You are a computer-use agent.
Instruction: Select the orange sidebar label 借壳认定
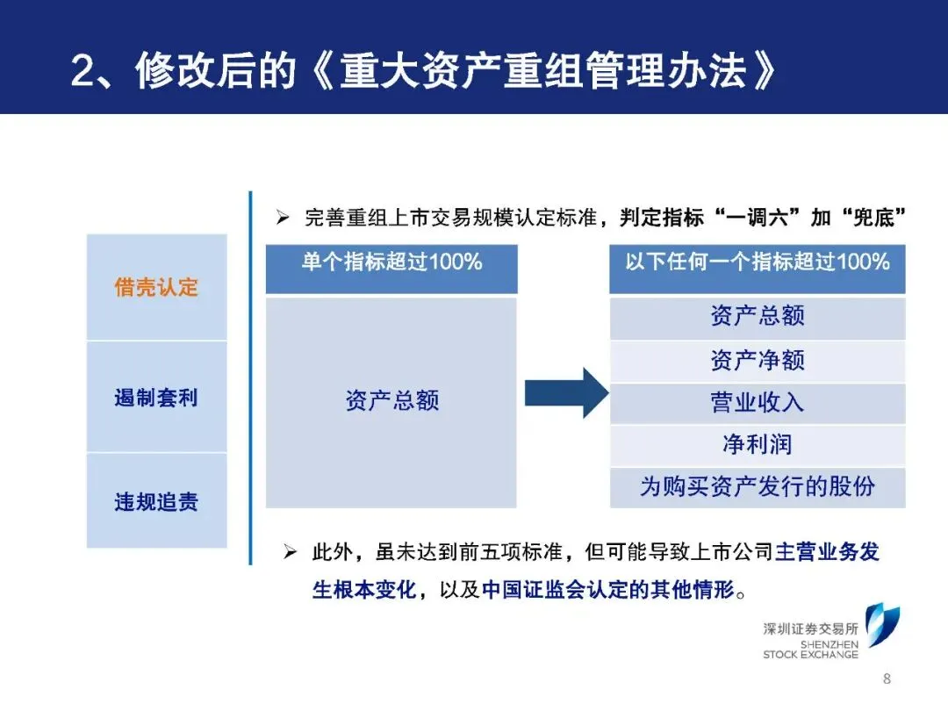pos(156,287)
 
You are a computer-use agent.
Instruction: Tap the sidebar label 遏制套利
pos(156,398)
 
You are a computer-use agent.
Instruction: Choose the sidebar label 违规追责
pos(156,502)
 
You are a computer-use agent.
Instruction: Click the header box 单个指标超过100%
pos(391,262)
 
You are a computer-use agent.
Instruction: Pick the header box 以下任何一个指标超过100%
pos(757,262)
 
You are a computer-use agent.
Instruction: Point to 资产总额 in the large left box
pos(391,401)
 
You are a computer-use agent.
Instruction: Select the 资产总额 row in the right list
pos(757,317)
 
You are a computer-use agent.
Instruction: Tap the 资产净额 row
pos(757,360)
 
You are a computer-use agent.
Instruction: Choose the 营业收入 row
pos(757,403)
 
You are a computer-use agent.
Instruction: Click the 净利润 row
pos(757,445)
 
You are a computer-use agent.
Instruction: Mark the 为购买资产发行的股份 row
pos(757,487)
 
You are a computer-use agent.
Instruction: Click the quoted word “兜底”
pos(870,218)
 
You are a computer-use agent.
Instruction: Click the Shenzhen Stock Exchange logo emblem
pos(880,625)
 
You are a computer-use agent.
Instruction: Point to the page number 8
pos(886,679)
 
